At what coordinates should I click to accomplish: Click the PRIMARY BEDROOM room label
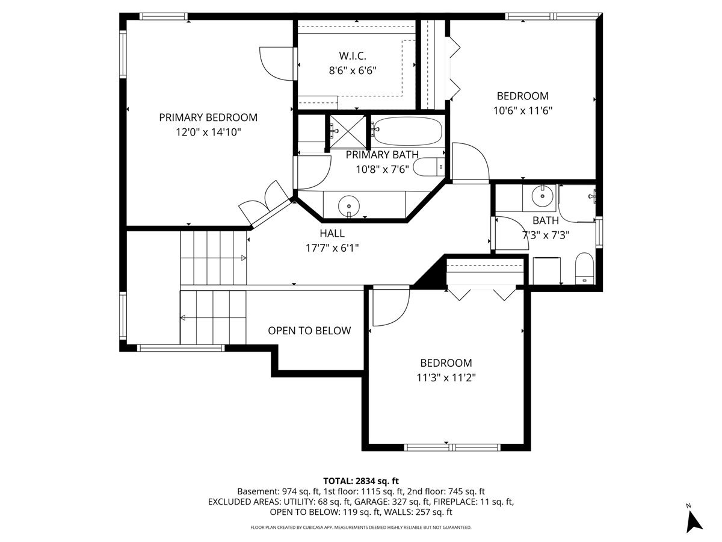point(208,117)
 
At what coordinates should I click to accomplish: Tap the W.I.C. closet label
point(353,56)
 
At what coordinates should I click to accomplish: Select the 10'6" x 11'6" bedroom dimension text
point(522,111)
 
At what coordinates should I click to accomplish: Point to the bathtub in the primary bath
point(408,131)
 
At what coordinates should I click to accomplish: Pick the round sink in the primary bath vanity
point(348,207)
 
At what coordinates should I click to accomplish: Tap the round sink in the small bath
point(543,196)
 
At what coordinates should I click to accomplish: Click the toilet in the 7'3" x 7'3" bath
point(584,268)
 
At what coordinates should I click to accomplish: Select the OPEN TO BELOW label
point(309,331)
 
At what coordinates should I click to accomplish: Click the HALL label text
point(332,233)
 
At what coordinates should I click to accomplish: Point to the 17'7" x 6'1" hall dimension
point(332,248)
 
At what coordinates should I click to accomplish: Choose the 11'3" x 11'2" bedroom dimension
point(446,378)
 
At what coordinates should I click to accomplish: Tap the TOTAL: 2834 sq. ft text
point(361,481)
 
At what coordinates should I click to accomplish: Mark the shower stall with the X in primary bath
point(348,132)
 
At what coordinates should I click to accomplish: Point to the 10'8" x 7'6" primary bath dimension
point(382,169)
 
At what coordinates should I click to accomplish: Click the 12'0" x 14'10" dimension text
point(208,132)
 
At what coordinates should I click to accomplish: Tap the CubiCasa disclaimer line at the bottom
point(361,528)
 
